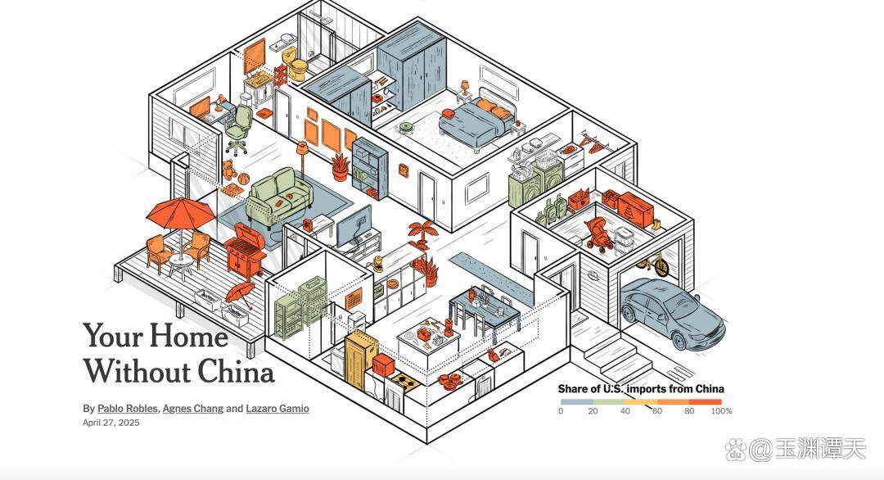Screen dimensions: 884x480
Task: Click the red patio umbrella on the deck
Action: [180, 213]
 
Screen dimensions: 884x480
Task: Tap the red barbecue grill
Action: [246, 248]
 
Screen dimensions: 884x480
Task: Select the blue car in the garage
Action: [672, 310]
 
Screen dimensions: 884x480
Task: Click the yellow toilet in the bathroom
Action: [295, 62]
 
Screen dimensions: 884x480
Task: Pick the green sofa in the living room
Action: [279, 196]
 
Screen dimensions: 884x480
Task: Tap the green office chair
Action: [240, 129]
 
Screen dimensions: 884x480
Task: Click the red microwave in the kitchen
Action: [383, 365]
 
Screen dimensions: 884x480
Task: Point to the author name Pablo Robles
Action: [128, 409]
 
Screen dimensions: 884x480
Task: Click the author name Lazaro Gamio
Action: [277, 409]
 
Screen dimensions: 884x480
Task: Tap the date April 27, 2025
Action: [111, 423]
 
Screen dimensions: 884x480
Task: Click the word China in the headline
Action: [237, 371]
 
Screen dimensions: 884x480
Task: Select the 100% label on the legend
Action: [721, 411]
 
